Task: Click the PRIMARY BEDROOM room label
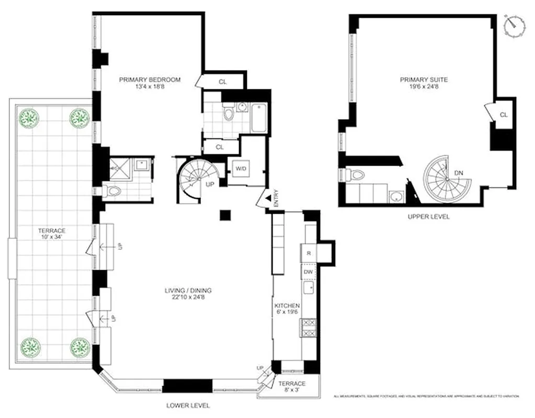coord(150,80)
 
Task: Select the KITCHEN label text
coord(287,306)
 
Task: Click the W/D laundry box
coord(241,169)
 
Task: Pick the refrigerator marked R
coord(309,253)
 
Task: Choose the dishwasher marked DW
coord(309,272)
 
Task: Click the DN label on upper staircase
coord(458,173)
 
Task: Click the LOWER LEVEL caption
coord(188,405)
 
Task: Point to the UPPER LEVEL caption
coord(427,217)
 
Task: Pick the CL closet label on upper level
coord(504,114)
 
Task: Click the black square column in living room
coord(225,215)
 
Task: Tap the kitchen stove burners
coord(309,328)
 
